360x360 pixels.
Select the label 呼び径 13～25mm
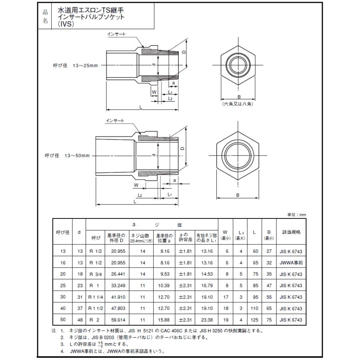click(75, 66)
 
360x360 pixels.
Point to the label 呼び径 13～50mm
click(67, 156)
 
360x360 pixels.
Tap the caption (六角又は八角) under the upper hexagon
click(238, 104)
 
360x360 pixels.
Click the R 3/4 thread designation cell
click(96, 274)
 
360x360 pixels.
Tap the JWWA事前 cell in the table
click(291, 262)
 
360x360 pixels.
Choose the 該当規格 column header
click(291, 232)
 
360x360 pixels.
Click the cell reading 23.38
click(206, 320)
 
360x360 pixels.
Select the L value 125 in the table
click(254, 320)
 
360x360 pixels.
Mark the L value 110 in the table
click(254, 309)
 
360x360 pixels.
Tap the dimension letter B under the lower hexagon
click(238, 195)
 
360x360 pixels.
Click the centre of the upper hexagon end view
click(238, 66)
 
